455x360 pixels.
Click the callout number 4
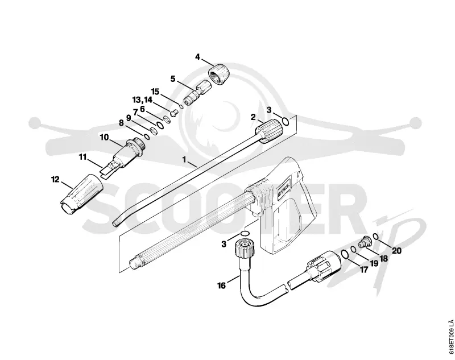click(x=197, y=57)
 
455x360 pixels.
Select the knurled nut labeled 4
click(x=220, y=74)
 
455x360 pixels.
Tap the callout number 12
click(x=55, y=180)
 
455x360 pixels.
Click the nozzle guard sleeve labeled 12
click(x=81, y=195)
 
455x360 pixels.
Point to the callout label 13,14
click(x=142, y=100)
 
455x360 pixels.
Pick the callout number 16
click(x=221, y=285)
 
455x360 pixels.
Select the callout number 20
click(x=396, y=250)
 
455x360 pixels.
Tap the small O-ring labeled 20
click(x=375, y=237)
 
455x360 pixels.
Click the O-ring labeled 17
click(x=345, y=254)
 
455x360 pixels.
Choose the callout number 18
click(x=383, y=258)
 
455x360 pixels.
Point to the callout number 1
click(x=184, y=159)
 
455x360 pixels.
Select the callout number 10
click(x=104, y=137)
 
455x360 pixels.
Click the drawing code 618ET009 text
click(x=450, y=338)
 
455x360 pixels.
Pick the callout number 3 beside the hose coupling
click(x=224, y=244)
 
